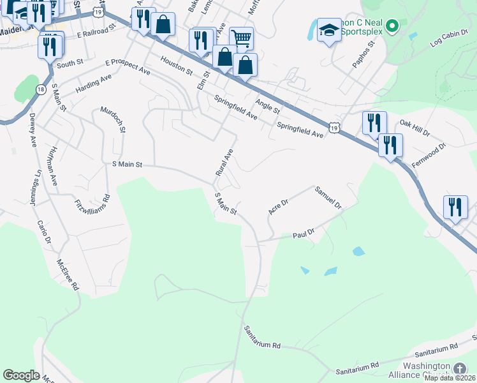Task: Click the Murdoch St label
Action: [x=113, y=119]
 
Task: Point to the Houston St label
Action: [x=177, y=65]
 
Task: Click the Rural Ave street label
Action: [x=224, y=163]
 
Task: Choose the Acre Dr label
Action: [x=279, y=206]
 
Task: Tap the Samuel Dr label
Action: [x=328, y=198]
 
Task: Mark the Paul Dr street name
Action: [x=304, y=234]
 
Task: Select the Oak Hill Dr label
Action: [x=415, y=127]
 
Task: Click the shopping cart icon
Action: [x=241, y=38]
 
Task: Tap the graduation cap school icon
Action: [x=329, y=31]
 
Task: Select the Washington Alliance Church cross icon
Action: [x=459, y=368]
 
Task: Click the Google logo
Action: [x=21, y=375]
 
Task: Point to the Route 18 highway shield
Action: [x=41, y=89]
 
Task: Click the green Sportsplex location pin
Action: [x=393, y=26]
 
